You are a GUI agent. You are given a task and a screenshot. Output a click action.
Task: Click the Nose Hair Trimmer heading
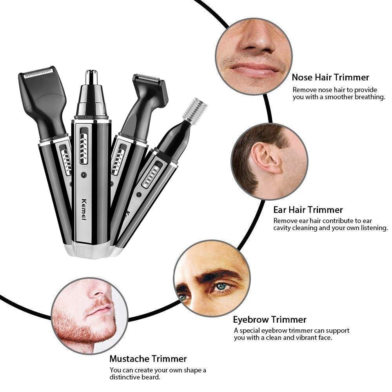pos(330,77)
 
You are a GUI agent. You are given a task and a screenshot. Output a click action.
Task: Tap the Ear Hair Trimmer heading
pos(308,210)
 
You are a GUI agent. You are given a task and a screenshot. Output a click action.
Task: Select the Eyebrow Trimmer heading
pos(270,319)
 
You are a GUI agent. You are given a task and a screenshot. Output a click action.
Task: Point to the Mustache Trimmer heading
pos(148,358)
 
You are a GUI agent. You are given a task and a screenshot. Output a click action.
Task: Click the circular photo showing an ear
pos(269,161)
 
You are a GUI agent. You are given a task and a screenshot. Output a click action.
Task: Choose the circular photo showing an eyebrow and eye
pos(212,278)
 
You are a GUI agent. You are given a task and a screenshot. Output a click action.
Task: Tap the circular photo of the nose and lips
pos(253,56)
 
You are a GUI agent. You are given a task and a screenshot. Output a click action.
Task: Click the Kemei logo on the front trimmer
pos(84,209)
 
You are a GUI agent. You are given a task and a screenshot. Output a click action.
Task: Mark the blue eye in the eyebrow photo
pos(222,287)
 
